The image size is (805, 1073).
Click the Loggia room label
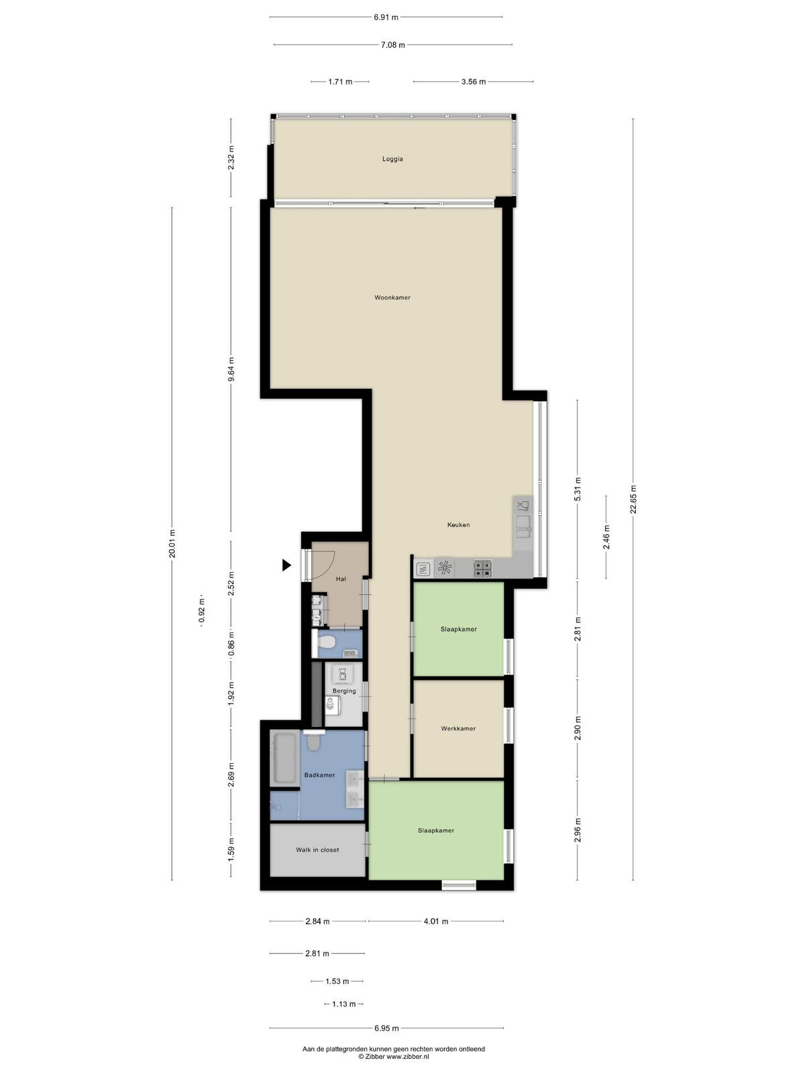coord(392,159)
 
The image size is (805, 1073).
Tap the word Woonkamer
coord(392,297)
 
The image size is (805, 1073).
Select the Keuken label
coord(458,525)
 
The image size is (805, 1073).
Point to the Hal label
coord(341,579)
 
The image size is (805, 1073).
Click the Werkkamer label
coord(458,728)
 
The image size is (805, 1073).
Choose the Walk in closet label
coord(317,850)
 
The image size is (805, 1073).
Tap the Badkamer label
coord(320,775)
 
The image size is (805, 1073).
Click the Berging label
coord(344,691)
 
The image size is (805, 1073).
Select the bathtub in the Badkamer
coord(284,758)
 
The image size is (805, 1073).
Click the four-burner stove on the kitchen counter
coord(482,569)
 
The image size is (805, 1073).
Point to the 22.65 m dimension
coord(633,499)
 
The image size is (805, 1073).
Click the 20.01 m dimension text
coord(172,544)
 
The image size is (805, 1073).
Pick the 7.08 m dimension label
coord(393,45)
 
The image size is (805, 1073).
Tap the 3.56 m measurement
coord(474,82)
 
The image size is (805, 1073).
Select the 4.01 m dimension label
coord(435,921)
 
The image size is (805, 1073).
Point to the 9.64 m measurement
coord(231,372)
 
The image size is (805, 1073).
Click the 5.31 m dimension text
coord(577,489)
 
